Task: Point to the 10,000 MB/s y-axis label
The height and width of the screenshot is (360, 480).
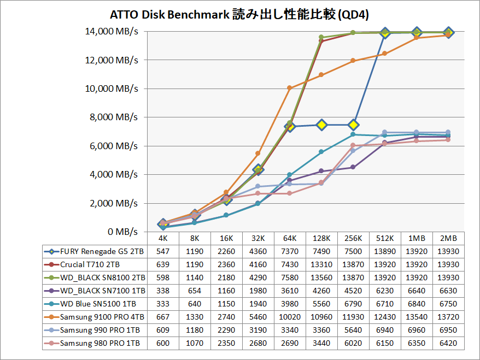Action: (x=112, y=88)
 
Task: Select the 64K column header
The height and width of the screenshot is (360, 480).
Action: (x=289, y=239)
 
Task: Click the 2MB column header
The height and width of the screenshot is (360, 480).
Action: (x=448, y=239)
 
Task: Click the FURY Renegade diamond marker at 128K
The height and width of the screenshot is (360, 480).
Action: (x=321, y=125)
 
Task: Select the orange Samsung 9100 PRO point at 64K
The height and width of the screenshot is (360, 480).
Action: (x=290, y=88)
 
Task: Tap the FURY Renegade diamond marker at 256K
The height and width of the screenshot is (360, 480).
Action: (x=353, y=125)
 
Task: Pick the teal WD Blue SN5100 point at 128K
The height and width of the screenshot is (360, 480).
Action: (x=321, y=152)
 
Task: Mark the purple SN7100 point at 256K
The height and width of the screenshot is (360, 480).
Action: (x=353, y=167)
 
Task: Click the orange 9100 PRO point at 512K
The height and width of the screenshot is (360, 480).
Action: (x=385, y=54)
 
